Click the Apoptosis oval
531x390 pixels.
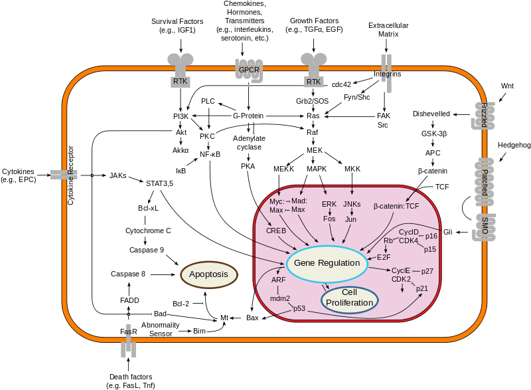tap(209, 274)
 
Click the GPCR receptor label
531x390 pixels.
tap(248, 69)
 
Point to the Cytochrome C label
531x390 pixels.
tap(149, 231)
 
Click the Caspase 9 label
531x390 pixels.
tap(147, 250)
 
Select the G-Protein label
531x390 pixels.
tap(249, 116)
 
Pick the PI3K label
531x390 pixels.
tap(181, 116)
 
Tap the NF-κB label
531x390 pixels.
tap(210, 154)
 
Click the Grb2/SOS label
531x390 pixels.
tap(312, 100)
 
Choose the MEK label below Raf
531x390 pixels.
tap(315, 151)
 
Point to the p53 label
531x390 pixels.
tap(300, 309)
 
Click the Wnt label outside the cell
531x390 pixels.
tap(507, 86)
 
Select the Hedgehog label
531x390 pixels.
tap(512, 144)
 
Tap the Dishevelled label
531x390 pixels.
tap(431, 114)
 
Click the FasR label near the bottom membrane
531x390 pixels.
tap(129, 331)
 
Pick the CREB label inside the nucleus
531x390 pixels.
tap(276, 230)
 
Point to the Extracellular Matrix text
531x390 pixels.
tap(388, 29)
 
